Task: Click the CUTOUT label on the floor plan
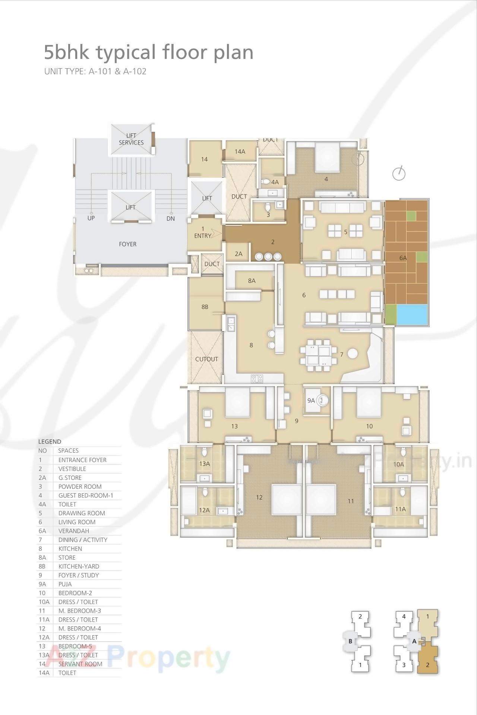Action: pyautogui.click(x=206, y=359)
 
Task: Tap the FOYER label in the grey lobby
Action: pyautogui.click(x=127, y=244)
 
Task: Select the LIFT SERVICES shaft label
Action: pyautogui.click(x=131, y=139)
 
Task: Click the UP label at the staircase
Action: pyautogui.click(x=91, y=218)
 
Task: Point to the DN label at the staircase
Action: pyautogui.click(x=171, y=219)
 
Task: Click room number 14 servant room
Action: pyautogui.click(x=204, y=159)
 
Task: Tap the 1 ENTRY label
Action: pyautogui.click(x=203, y=232)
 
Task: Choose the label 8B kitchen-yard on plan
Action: pyautogui.click(x=205, y=307)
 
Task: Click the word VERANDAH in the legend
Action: pyautogui.click(x=74, y=531)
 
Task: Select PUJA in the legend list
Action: pyautogui.click(x=65, y=584)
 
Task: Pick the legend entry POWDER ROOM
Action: pyautogui.click(x=80, y=487)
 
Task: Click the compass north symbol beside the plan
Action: pyautogui.click(x=399, y=173)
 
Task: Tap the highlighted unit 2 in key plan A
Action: pyautogui.click(x=427, y=665)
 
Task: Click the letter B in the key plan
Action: pyautogui.click(x=350, y=641)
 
